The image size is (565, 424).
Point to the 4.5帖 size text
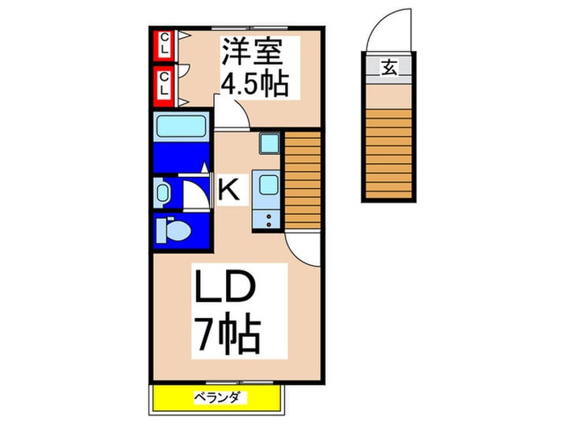point(254,84)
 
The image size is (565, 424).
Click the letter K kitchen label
point(229,191)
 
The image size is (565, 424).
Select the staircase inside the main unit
point(303,182)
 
